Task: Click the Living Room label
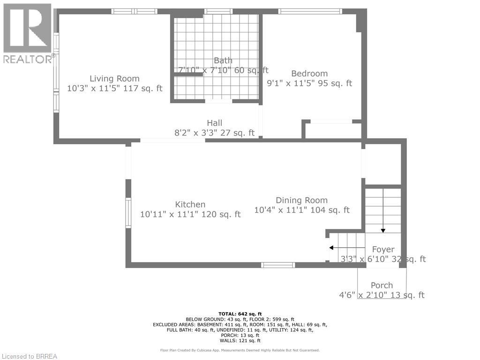(114, 79)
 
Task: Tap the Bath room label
(223, 60)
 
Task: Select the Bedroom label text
(309, 74)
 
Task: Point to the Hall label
(214, 123)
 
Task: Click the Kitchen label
(190, 204)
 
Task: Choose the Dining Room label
(301, 200)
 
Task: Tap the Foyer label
(383, 249)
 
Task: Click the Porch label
(382, 285)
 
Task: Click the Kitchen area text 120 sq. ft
(220, 214)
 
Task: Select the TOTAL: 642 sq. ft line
(240, 314)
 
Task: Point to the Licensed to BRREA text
(29, 356)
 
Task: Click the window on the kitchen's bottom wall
(278, 265)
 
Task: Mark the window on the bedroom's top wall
(310, 11)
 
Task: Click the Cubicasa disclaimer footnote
(240, 350)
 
